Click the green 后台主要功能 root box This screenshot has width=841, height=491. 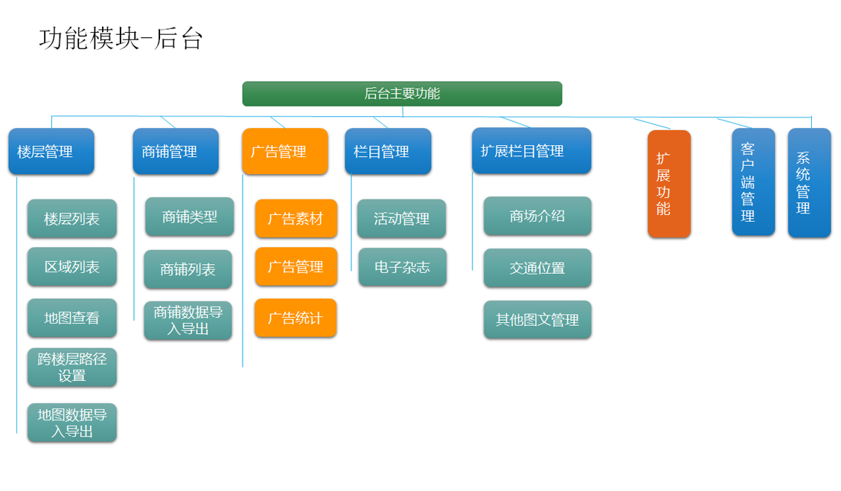[402, 94]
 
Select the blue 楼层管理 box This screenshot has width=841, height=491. [51, 151]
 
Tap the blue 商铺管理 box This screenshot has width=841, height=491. [176, 151]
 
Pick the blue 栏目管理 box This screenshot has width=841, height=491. [388, 151]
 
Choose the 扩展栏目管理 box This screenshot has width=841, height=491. [531, 150]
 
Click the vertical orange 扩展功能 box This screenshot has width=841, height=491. [669, 184]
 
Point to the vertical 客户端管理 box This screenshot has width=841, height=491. [754, 182]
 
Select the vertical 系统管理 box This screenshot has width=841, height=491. [809, 183]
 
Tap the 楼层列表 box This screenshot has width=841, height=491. [72, 219]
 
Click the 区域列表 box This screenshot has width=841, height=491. [72, 266]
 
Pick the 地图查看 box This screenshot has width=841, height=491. [72, 318]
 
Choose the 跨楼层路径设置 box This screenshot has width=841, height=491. [72, 368]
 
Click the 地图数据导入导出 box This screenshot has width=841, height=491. [72, 423]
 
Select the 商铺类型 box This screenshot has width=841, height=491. [189, 216]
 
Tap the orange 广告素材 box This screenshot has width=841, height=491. [296, 218]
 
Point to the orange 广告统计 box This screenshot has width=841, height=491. [295, 318]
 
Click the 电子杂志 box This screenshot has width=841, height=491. [402, 267]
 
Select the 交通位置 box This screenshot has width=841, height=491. [537, 268]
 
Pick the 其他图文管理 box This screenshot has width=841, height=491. [537, 320]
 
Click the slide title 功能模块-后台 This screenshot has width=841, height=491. [121, 39]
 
